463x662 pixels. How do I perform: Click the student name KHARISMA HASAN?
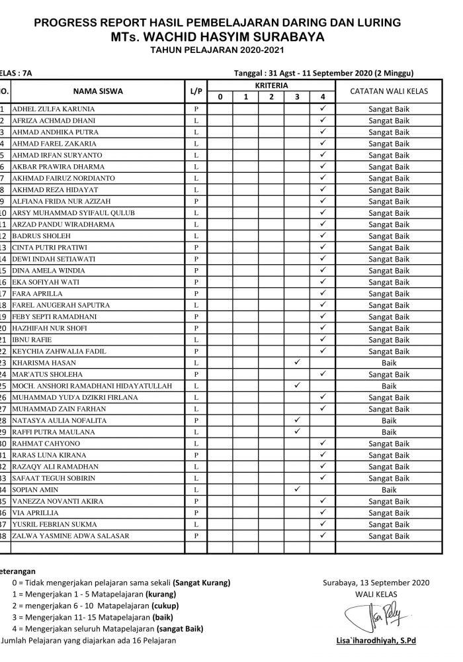tap(44, 363)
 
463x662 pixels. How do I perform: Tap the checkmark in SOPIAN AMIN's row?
tap(298, 489)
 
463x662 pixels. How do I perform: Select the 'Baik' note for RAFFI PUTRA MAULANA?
tap(389, 432)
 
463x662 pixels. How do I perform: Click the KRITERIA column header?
tap(271, 86)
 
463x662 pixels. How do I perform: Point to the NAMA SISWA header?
tap(98, 91)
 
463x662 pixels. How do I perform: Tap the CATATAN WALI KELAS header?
tap(389, 91)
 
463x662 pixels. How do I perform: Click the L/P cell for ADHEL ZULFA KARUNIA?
tap(196, 109)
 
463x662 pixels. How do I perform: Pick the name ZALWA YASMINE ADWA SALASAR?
tap(71, 536)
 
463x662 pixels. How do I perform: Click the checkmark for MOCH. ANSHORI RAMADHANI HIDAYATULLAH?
tap(298, 385)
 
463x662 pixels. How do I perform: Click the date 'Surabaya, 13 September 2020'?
tap(376, 583)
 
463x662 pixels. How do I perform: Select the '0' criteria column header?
tap(220, 97)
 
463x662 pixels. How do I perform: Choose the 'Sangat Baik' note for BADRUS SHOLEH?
tap(389, 236)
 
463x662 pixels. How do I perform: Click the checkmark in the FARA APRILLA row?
tap(323, 293)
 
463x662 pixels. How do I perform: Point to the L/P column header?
tap(196, 91)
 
